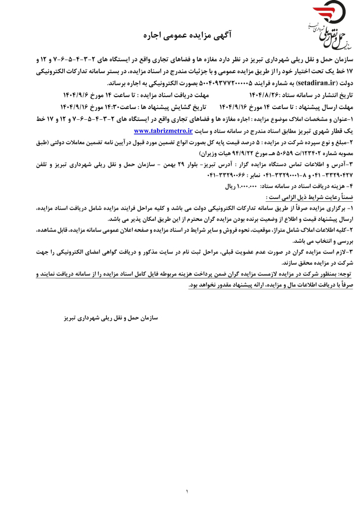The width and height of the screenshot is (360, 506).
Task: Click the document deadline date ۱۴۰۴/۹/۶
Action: click(x=78, y=94)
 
